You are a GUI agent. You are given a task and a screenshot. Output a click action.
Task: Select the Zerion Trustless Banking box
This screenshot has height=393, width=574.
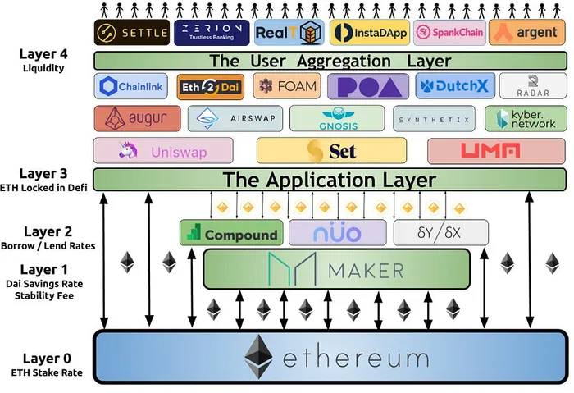point(209,33)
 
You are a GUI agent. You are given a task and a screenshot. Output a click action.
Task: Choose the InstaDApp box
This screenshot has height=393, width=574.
point(368,33)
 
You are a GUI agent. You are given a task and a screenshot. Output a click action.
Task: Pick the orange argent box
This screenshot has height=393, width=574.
point(526,33)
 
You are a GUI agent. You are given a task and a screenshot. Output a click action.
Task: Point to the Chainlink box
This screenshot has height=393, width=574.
point(130,86)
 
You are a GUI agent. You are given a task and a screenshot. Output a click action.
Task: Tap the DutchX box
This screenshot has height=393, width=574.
point(447,86)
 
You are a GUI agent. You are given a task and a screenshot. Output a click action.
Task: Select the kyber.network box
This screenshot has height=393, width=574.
point(525,119)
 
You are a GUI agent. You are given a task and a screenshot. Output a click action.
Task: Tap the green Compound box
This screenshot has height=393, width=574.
point(231,234)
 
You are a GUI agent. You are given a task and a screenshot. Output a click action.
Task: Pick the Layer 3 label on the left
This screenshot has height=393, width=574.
point(45,174)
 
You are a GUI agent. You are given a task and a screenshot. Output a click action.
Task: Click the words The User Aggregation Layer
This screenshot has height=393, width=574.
point(330,61)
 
